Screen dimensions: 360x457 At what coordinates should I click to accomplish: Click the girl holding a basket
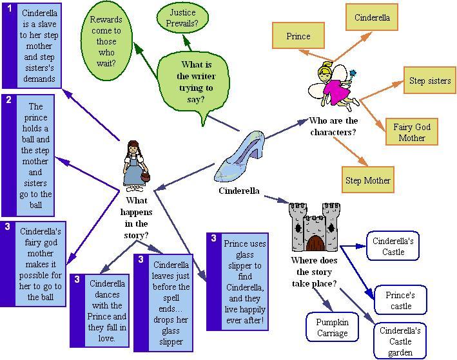(133, 166)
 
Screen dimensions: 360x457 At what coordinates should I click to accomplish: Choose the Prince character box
(298, 37)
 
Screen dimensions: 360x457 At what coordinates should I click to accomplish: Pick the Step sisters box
(429, 81)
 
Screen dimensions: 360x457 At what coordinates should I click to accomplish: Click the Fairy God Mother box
(412, 132)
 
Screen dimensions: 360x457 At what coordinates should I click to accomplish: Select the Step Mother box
(367, 180)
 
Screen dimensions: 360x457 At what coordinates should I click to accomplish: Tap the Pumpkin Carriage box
(332, 327)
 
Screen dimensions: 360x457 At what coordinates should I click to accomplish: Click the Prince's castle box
(400, 299)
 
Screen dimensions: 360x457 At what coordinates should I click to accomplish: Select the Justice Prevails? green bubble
(183, 19)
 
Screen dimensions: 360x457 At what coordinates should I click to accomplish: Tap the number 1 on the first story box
(9, 9)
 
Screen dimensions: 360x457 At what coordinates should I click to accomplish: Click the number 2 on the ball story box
(9, 100)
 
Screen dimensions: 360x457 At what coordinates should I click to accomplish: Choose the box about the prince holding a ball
(35, 155)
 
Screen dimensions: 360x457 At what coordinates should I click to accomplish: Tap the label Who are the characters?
(333, 126)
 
